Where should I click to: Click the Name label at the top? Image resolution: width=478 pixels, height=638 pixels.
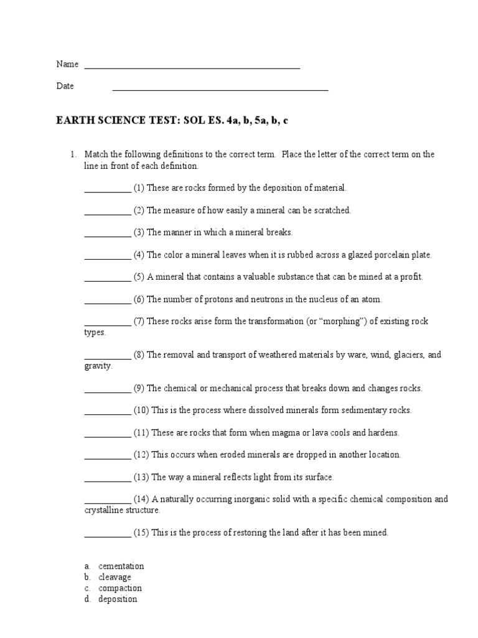67,64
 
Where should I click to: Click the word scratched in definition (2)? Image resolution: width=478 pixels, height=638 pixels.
332,210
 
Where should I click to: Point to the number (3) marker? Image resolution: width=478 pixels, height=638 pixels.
138,232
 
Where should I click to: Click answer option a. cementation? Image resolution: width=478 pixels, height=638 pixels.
121,566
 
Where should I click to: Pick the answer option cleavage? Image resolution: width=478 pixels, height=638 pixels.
115,577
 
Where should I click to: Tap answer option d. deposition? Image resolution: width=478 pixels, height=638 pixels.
118,599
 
